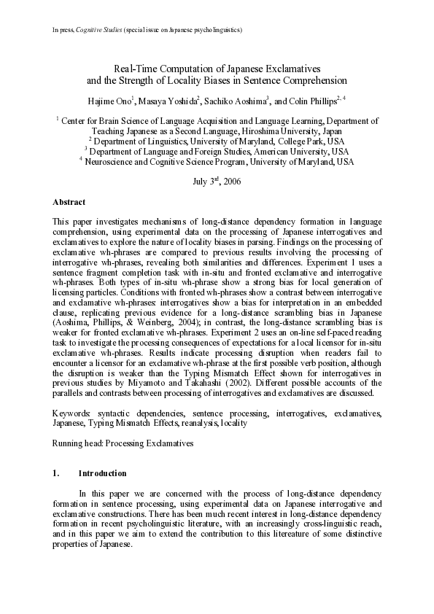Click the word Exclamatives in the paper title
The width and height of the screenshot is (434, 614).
[x=298, y=68]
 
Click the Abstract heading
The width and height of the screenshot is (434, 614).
[x=69, y=202]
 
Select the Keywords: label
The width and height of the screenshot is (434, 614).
[x=71, y=413]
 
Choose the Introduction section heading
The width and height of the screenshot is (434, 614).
[x=102, y=474]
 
